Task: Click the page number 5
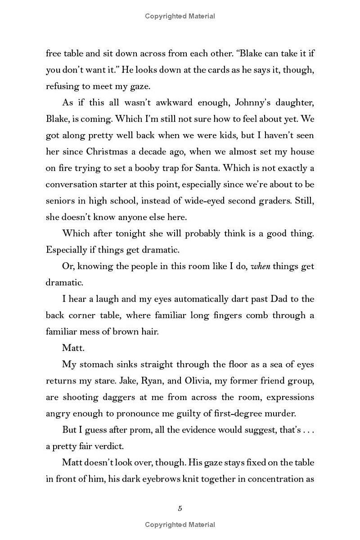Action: (180, 508)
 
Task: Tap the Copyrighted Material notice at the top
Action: (180, 16)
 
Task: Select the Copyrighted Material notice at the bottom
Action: (180, 525)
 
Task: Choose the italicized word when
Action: (260, 266)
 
